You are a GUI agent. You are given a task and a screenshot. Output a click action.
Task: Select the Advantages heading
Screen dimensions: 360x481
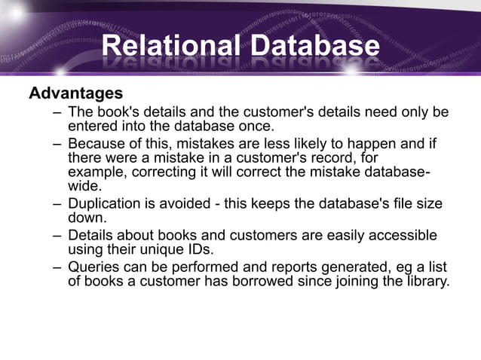(75, 94)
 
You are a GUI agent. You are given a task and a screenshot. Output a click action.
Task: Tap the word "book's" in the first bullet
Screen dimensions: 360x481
(116, 112)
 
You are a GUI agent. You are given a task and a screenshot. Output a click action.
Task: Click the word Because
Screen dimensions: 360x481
(96, 143)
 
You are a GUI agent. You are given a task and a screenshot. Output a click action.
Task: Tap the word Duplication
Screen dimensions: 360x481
(105, 204)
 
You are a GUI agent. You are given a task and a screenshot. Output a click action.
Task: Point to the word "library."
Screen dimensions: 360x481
(424, 281)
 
